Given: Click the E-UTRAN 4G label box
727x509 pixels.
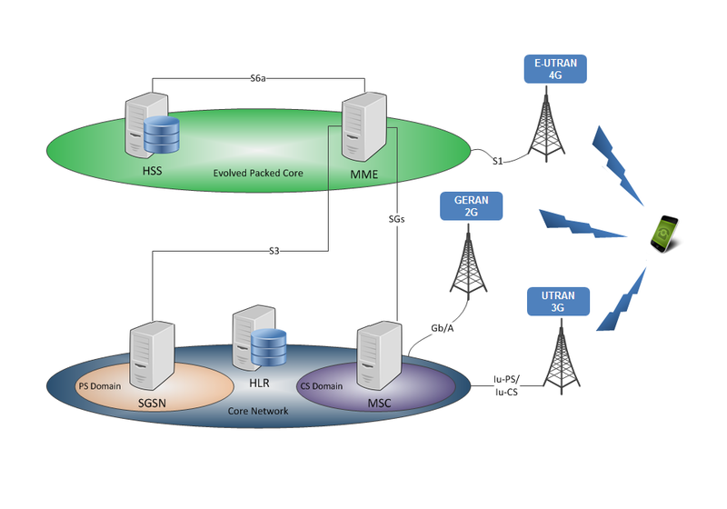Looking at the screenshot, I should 556,70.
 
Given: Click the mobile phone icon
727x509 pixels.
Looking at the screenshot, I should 664,234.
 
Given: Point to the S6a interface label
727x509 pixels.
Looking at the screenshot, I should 258,79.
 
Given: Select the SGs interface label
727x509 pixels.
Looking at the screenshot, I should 397,219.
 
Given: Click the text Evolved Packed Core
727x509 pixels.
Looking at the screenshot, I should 257,173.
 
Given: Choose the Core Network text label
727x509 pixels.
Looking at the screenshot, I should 258,411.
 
